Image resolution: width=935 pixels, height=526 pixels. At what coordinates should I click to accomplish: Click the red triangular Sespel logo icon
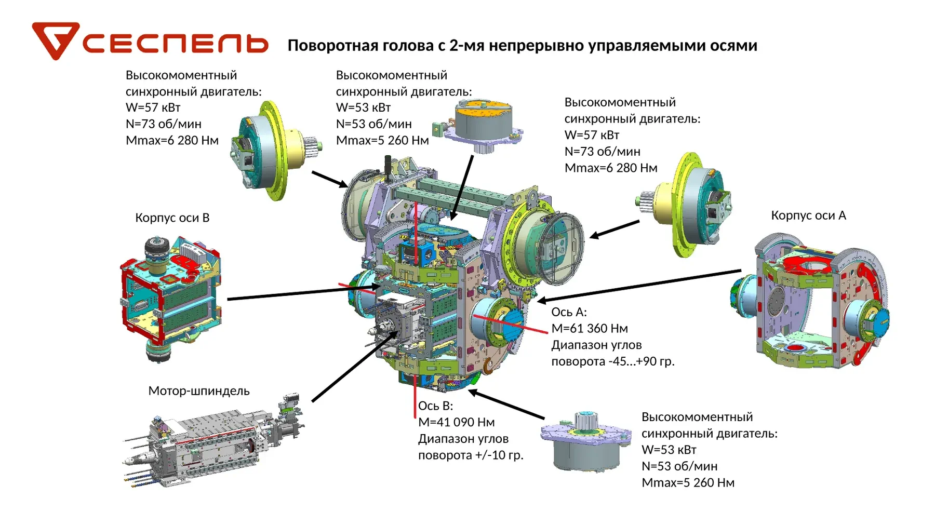click(x=55, y=39)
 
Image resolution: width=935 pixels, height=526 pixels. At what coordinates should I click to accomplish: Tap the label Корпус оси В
click(x=172, y=218)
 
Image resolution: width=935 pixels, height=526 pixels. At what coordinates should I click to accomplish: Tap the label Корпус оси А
click(x=808, y=215)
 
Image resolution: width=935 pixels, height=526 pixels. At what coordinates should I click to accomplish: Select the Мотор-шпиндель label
click(x=199, y=390)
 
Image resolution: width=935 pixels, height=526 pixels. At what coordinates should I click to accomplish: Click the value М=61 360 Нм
click(x=590, y=329)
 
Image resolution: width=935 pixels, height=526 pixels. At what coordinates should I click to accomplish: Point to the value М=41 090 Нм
click(x=457, y=423)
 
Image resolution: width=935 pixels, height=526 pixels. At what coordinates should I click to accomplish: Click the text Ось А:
click(x=569, y=312)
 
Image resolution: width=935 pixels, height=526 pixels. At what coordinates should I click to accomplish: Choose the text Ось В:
click(x=436, y=406)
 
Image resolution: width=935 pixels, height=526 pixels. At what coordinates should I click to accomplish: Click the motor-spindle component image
click(x=213, y=441)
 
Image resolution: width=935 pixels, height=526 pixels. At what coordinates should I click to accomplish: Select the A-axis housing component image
click(x=810, y=301)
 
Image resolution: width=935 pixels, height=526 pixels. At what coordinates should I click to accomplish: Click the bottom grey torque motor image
click(x=586, y=441)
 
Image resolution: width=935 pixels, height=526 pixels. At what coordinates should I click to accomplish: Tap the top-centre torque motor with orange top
click(x=478, y=126)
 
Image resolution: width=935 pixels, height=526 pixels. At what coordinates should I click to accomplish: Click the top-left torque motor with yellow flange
click(x=275, y=151)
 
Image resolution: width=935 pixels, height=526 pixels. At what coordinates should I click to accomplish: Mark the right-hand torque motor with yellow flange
click(x=683, y=204)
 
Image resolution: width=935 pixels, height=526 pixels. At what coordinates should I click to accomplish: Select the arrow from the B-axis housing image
click(x=304, y=292)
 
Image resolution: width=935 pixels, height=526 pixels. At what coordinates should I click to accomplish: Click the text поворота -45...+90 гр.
click(x=613, y=361)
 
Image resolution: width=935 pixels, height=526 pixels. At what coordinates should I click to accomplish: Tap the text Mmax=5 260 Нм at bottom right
click(x=688, y=483)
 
